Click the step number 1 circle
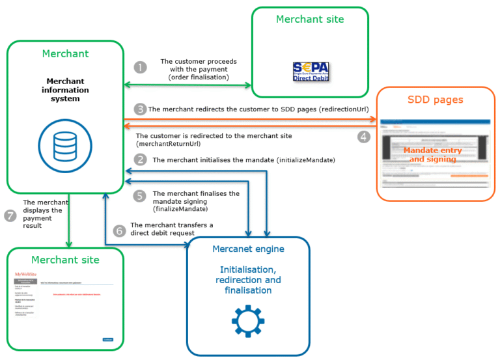tap(140, 67)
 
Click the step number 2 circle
tap(140, 159)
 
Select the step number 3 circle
tap(140, 109)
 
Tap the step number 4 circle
tap(364, 137)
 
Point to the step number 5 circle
tap(140, 195)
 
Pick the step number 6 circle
tap(119, 230)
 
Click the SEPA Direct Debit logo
tap(311, 71)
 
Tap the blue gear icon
tap(247, 320)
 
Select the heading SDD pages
tap(436, 100)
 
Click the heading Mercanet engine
tap(247, 249)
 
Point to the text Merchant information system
tap(65, 90)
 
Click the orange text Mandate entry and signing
tap(433, 155)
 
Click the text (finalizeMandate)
tap(180, 210)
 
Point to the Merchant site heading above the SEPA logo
tap(310, 20)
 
